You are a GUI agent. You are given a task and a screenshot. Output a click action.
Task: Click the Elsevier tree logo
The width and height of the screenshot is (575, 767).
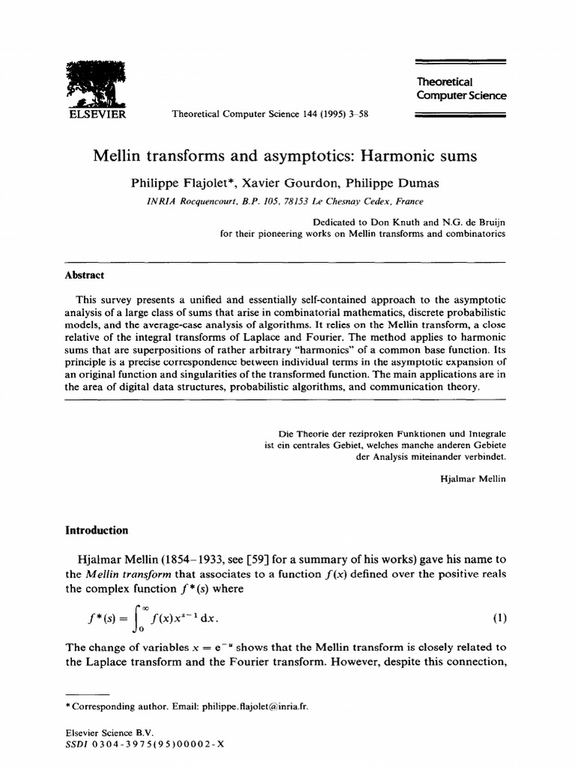coord(96,84)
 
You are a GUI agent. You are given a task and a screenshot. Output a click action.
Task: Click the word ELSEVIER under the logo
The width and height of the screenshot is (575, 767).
coord(96,115)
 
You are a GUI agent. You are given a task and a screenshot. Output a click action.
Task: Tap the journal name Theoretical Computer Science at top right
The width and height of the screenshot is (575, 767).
coord(460,88)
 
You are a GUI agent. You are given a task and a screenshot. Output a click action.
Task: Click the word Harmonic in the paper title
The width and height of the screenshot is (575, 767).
coord(395,157)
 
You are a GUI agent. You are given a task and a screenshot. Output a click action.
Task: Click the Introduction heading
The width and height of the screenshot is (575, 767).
coord(97,530)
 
